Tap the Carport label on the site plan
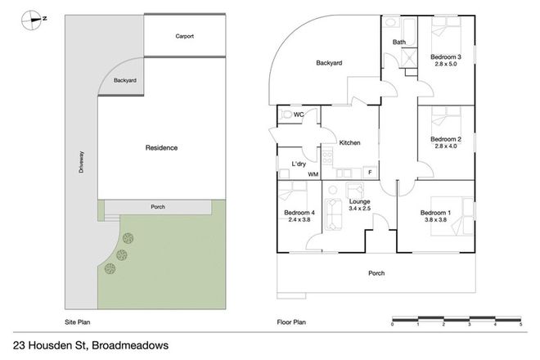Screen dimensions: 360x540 (x=184, y=36)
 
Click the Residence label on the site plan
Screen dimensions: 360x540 (x=161, y=148)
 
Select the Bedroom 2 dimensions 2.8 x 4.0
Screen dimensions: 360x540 (x=446, y=147)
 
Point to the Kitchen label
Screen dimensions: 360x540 (x=349, y=143)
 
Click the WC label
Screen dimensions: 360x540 (x=299, y=115)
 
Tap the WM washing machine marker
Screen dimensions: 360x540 (x=312, y=175)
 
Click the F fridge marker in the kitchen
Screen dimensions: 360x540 (x=370, y=173)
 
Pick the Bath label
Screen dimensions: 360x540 (x=399, y=42)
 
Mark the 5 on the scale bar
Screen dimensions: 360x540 (x=520, y=325)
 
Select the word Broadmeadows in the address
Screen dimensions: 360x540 (x=128, y=345)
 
